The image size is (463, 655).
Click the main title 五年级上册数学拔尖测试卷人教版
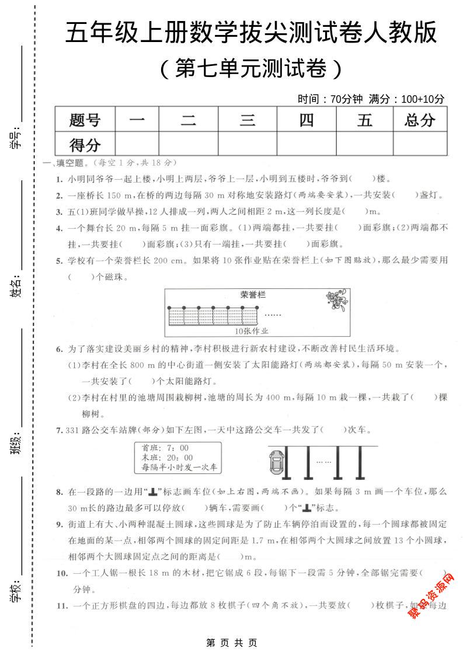[x=251, y=33]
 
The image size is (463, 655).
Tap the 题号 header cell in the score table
[x=85, y=120]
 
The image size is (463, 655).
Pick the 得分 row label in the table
[x=85, y=144]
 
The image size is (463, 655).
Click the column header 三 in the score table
[x=248, y=120]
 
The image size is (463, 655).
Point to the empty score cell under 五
[x=365, y=144]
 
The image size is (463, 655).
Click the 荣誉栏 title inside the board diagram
[x=253, y=295]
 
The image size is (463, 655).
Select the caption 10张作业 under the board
[x=252, y=331]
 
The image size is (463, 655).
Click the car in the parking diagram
[x=274, y=465]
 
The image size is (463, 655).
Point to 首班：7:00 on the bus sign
[x=158, y=448]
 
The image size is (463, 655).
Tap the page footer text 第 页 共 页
[x=232, y=643]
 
